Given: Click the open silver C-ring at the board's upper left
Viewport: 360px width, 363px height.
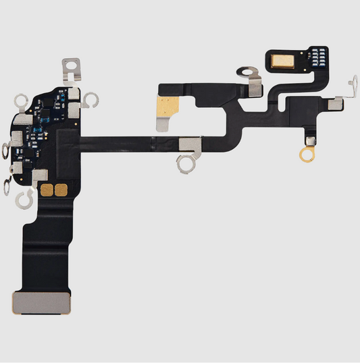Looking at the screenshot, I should [22, 102].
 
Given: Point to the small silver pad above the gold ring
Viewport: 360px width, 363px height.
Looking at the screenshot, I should [311, 140].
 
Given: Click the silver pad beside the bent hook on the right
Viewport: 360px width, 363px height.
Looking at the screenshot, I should [334, 103].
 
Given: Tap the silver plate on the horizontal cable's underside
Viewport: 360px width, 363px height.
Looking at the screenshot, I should [190, 142].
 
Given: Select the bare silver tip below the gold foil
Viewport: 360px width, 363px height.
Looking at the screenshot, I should [165, 123].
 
